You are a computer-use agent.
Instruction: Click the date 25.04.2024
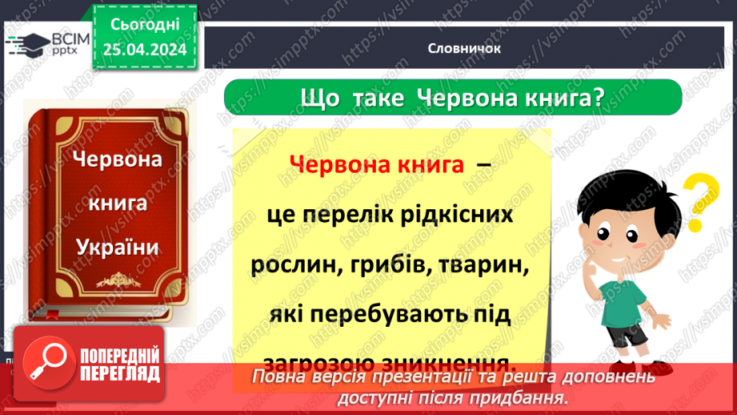pyautogui.click(x=145, y=50)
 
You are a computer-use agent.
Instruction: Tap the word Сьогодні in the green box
pyautogui.click(x=145, y=26)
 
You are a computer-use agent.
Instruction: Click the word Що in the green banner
pyautogui.click(x=315, y=98)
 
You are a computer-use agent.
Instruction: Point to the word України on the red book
pyautogui.click(x=118, y=247)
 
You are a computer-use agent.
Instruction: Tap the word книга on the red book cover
pyautogui.click(x=118, y=203)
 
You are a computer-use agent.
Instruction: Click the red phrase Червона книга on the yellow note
pyautogui.click(x=377, y=164)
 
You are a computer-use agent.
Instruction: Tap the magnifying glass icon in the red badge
pyautogui.click(x=46, y=363)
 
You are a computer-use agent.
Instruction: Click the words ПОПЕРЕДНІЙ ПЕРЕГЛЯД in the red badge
pyautogui.click(x=120, y=365)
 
